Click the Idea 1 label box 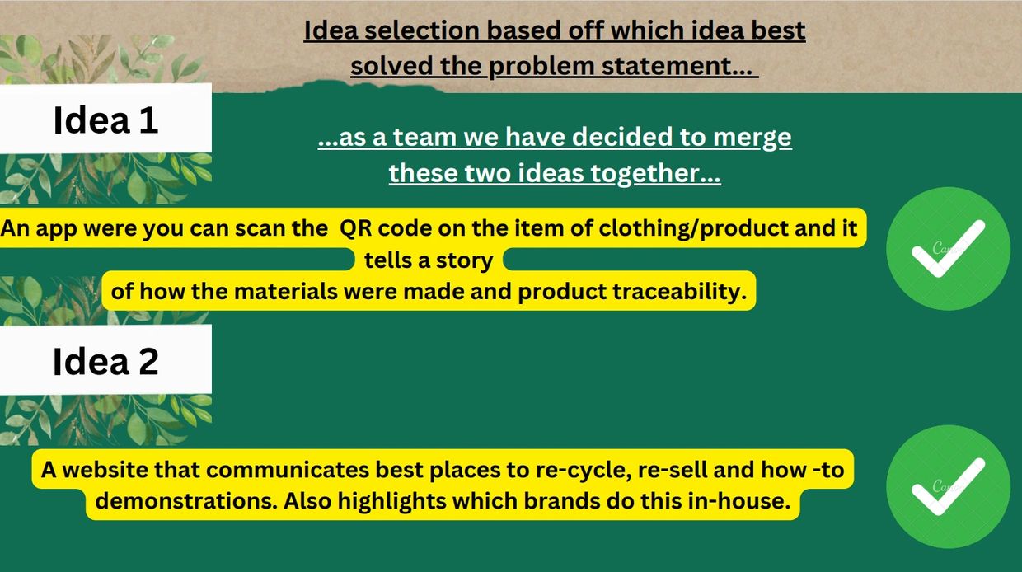coord(105,118)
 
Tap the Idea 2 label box coord(105,359)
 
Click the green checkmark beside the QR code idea coord(948,249)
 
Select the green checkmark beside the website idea coord(948,487)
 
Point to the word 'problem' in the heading coord(542,67)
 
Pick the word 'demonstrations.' coord(186,501)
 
